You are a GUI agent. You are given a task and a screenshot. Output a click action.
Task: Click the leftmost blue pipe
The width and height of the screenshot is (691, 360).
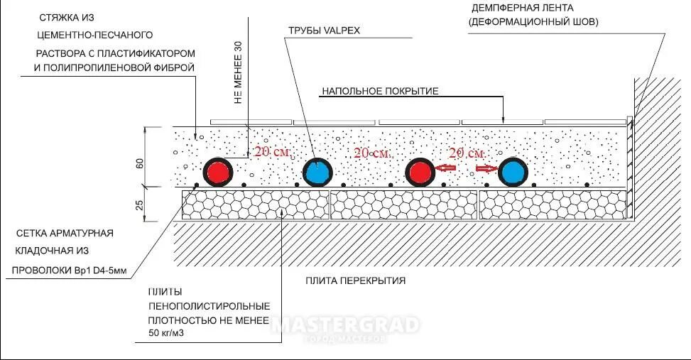tap(317, 172)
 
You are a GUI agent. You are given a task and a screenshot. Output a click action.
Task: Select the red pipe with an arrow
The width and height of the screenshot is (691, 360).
tap(420, 172)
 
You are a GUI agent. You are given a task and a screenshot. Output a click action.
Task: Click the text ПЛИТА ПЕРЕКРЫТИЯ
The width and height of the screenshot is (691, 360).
tap(356, 280)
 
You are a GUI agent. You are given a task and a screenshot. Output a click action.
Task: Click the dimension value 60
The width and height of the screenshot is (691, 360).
tap(140, 163)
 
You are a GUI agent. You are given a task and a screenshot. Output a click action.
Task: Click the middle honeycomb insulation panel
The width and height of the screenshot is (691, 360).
tap(403, 204)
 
